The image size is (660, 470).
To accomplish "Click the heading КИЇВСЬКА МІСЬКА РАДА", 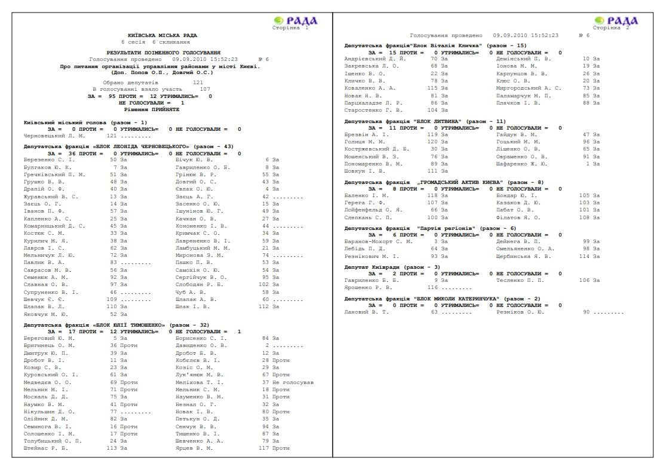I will pyautogui.click(x=162, y=36).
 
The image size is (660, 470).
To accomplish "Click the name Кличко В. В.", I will pyautogui.click(x=365, y=81).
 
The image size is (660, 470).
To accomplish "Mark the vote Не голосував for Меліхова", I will pyautogui.click(x=293, y=383).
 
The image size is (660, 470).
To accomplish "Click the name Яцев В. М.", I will pyautogui.click(x=194, y=449).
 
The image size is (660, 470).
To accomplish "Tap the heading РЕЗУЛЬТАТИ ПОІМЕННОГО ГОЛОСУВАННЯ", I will pyautogui.click(x=163, y=53).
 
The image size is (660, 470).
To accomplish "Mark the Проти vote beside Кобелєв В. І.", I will pyautogui.click(x=281, y=361).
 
